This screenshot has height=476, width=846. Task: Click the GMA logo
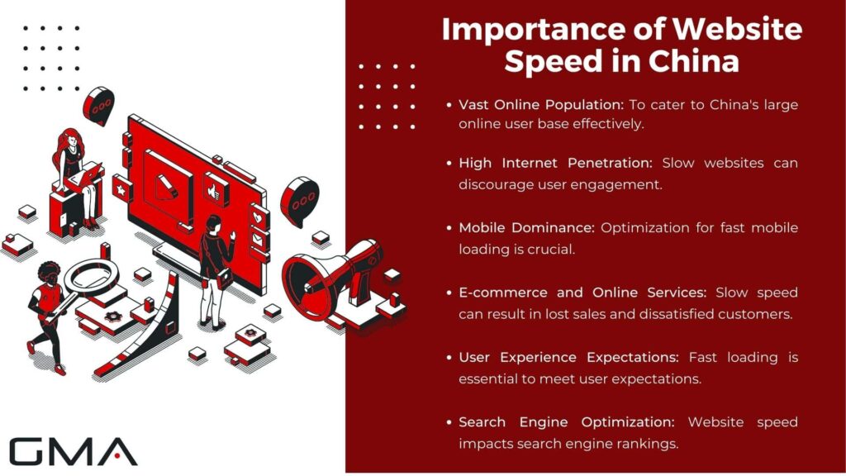(73, 451)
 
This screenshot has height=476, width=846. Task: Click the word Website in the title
(737, 30)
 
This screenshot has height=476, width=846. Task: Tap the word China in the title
(695, 61)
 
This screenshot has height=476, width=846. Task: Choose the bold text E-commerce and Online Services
(584, 293)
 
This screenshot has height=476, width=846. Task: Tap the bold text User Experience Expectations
(569, 357)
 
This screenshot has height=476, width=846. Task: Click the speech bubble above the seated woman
(99, 106)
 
